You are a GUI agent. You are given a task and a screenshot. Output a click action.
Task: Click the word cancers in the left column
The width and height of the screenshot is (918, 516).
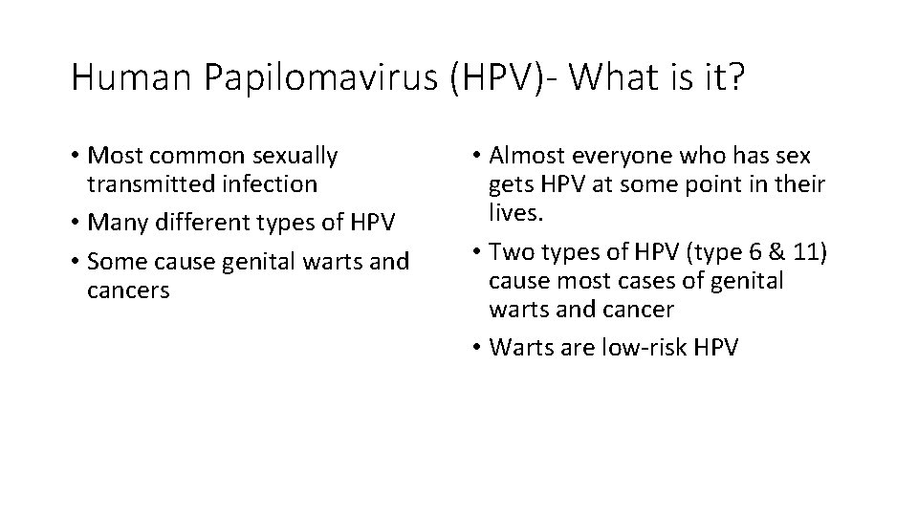coord(128,290)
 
